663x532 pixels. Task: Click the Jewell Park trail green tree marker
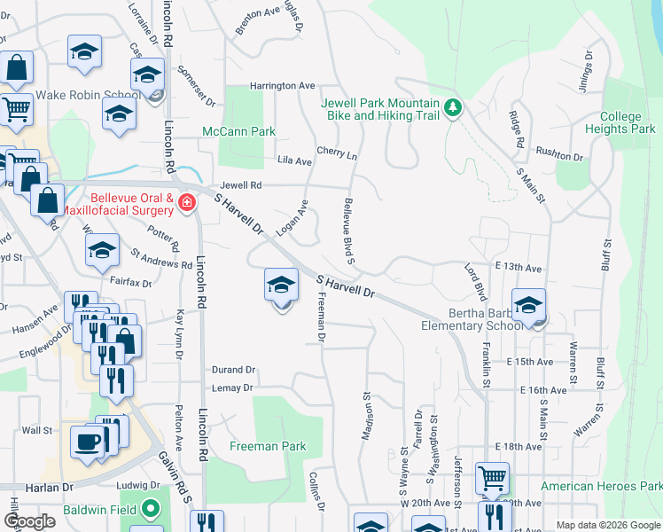click(x=453, y=107)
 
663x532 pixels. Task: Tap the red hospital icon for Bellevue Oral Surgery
click(x=186, y=203)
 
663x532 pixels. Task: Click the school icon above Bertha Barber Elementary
click(x=528, y=306)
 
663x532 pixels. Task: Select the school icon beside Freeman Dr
click(x=281, y=286)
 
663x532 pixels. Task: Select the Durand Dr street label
click(x=233, y=370)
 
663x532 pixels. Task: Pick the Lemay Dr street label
click(x=232, y=387)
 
